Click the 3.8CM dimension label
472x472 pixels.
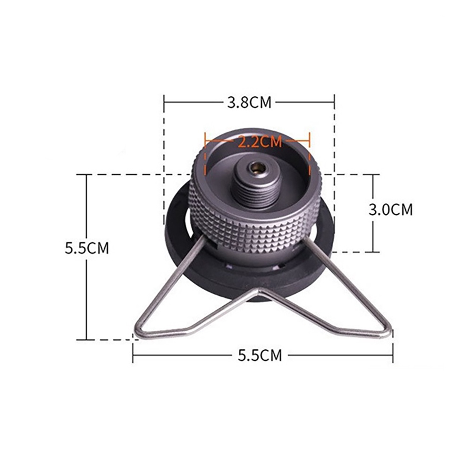point(249,102)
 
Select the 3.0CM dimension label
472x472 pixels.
point(390,210)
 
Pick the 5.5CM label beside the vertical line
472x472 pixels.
point(87,248)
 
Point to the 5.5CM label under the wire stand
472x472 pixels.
point(260,355)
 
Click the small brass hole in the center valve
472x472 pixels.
point(257,167)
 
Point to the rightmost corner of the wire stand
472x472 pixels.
point(389,333)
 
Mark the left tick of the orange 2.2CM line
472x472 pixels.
point(205,140)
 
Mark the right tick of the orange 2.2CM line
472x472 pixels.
point(309,140)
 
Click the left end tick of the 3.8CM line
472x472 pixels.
point(164,101)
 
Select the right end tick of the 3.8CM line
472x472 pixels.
point(334,101)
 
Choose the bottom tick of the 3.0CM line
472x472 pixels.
point(373,252)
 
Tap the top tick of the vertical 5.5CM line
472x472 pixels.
point(86,175)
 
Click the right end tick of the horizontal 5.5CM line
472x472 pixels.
point(393,354)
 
